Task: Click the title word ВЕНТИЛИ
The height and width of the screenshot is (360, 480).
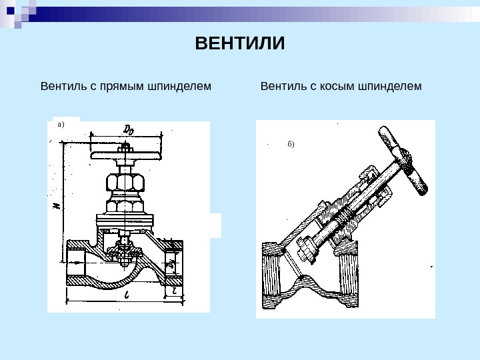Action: [x=240, y=44]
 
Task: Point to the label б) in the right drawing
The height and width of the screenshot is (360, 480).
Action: [x=291, y=144]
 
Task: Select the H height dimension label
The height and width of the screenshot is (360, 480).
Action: [x=56, y=206]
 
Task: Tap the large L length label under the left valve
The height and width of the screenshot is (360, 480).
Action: [x=126, y=294]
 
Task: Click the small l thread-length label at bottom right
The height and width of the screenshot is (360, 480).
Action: [x=173, y=291]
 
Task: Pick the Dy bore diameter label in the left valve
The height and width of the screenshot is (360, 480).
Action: [x=171, y=265]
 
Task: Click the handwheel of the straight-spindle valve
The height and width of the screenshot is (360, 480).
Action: [x=127, y=155]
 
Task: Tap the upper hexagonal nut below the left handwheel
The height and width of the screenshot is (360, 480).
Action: [x=124, y=182]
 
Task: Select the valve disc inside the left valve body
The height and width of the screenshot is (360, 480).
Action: [x=124, y=252]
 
